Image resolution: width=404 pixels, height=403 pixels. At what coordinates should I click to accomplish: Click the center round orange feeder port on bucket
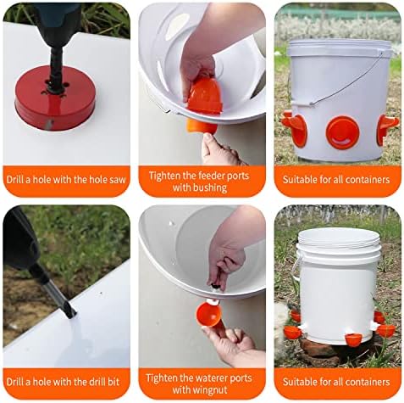343,132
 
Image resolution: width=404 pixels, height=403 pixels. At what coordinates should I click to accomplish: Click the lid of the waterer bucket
340,239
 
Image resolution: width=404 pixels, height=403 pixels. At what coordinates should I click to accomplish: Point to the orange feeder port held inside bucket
204,96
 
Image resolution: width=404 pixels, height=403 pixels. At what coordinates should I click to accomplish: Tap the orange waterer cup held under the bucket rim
209,315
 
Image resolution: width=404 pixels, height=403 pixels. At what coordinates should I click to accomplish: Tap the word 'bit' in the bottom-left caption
113,382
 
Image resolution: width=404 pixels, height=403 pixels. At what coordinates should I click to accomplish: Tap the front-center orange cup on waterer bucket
353,339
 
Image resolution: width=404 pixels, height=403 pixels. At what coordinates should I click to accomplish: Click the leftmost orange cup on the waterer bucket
292,333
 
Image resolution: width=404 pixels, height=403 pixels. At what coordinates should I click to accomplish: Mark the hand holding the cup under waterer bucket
230,341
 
